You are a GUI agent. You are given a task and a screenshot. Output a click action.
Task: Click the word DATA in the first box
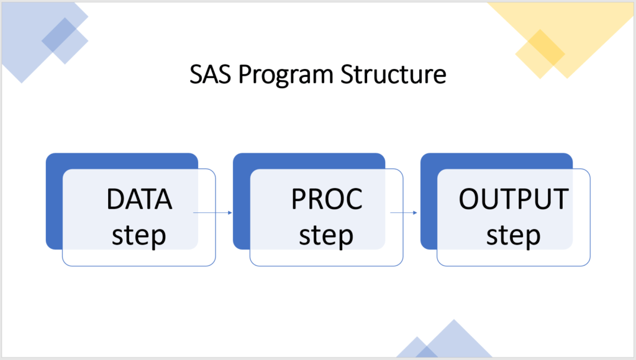pos(139,199)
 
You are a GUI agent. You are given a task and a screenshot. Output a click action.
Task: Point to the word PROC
pos(327,199)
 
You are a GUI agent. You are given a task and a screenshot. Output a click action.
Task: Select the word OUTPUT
pos(514,199)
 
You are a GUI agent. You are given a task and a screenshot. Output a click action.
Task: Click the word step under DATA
pos(139,236)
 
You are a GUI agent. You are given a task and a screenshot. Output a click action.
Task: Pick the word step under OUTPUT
pos(514,236)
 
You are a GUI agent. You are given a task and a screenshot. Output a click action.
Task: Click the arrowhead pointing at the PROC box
pos(230,213)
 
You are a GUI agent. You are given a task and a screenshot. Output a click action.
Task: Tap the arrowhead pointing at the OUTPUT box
pos(415,213)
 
